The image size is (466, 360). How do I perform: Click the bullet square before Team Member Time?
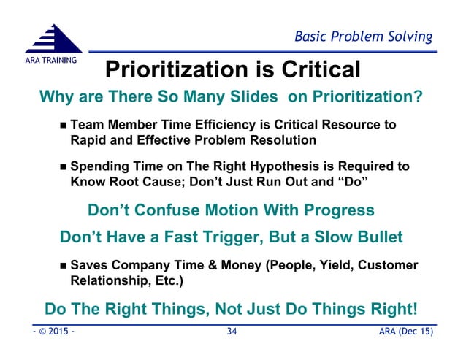point(63,126)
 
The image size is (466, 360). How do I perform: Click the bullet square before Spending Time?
point(63,166)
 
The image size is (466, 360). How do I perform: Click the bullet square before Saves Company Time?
point(63,265)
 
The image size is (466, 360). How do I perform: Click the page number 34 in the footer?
point(232,333)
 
